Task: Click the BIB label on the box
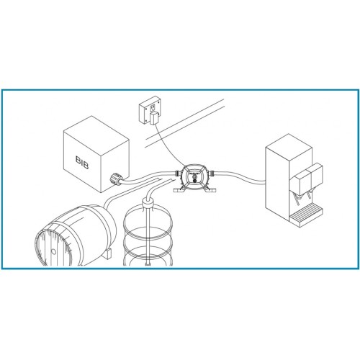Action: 82,163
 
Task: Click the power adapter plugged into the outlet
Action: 153,119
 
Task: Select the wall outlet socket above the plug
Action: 153,109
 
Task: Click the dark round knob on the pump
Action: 194,179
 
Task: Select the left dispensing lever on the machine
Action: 297,199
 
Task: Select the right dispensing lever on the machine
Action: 310,194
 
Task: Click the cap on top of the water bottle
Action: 148,203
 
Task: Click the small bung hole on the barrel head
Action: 53,252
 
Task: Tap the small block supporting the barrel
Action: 108,253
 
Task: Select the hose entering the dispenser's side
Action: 240,177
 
